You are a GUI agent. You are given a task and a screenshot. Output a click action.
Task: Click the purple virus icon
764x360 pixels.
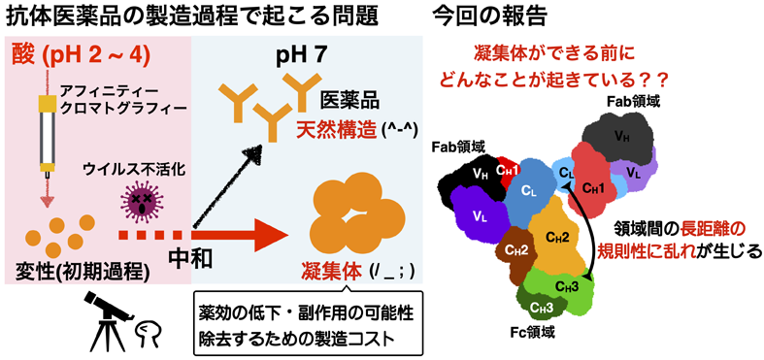[x=143, y=201]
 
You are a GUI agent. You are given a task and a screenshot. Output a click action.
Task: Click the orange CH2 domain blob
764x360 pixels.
[x=557, y=238]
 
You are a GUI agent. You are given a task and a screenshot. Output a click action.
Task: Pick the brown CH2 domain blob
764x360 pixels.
[x=515, y=248]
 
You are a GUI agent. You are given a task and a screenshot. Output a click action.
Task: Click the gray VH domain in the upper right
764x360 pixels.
[x=618, y=136]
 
